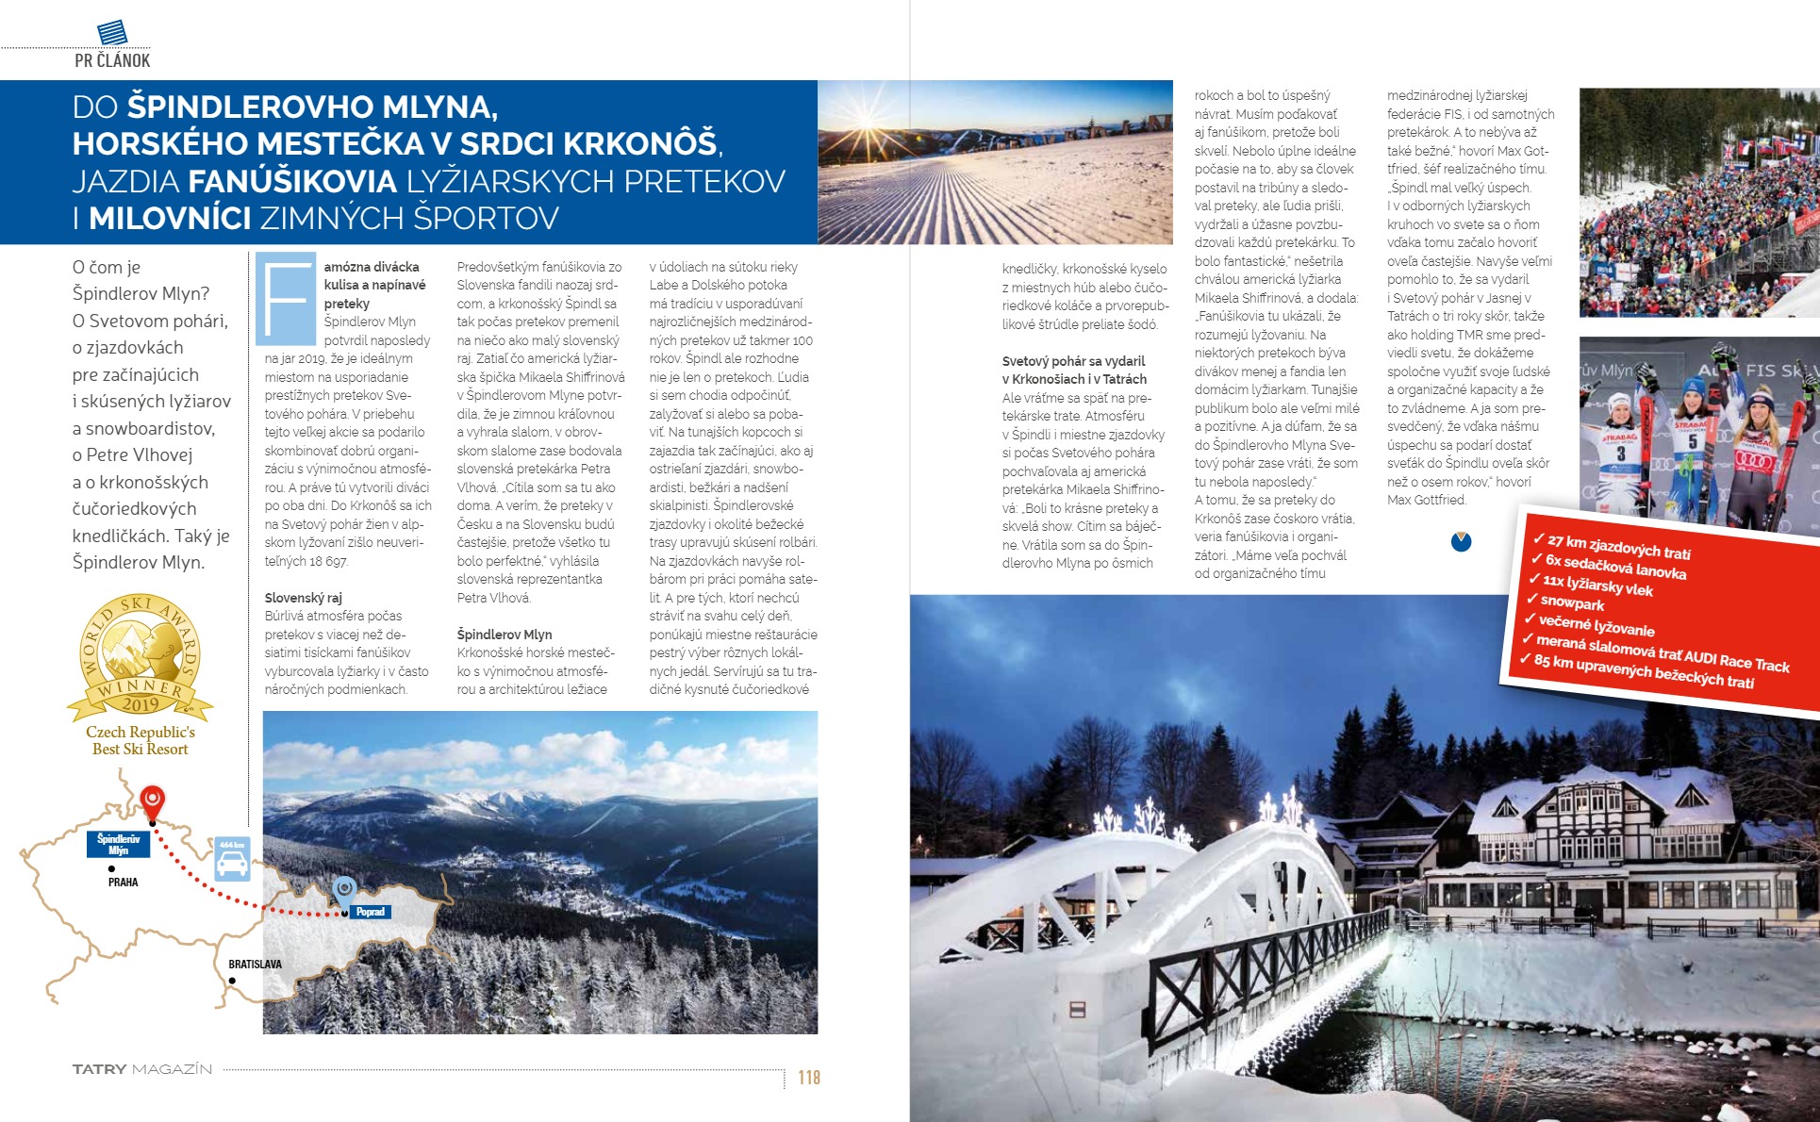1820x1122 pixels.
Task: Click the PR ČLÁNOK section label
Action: [x=112, y=61]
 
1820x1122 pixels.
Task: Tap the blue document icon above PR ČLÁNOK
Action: [x=112, y=32]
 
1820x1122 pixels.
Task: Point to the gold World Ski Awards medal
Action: [x=140, y=656]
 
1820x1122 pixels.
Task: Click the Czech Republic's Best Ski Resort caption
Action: [x=141, y=740]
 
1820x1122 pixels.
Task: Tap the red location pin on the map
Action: [x=152, y=801]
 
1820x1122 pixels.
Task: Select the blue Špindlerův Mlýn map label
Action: [x=118, y=844]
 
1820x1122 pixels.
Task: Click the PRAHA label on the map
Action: [x=123, y=883]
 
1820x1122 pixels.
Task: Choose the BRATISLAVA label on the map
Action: [x=255, y=965]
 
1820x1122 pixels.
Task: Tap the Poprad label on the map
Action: [x=370, y=912]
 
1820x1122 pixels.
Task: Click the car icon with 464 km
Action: [x=232, y=859]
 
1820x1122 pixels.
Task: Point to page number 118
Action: [x=809, y=1078]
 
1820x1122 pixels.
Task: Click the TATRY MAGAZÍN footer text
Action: [x=142, y=1069]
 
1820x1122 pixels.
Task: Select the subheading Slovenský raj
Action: [x=303, y=598]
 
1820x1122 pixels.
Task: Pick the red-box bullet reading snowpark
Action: [x=1571, y=602]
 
